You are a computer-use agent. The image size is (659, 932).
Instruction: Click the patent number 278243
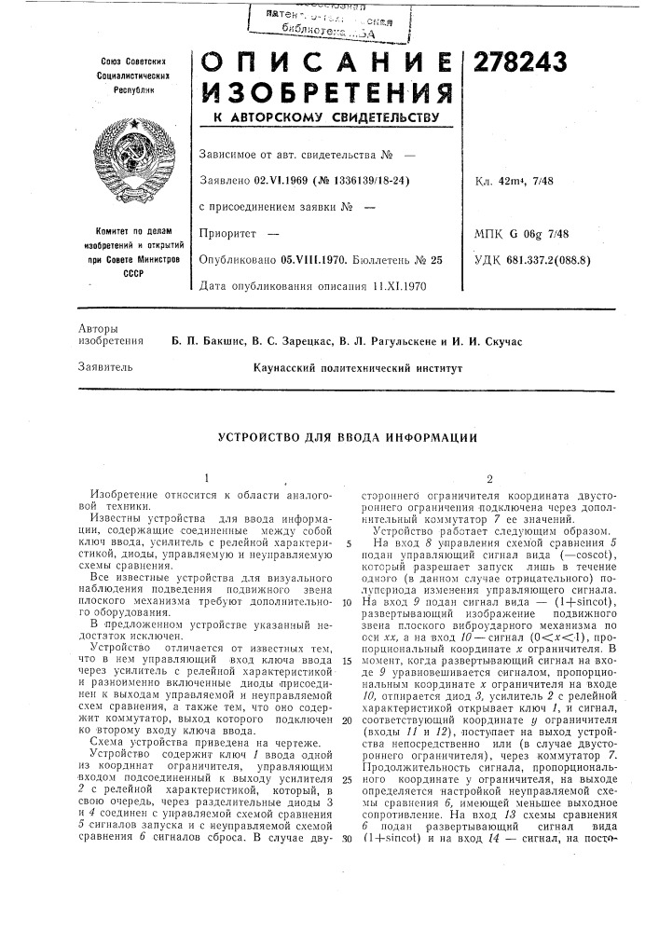coord(522,62)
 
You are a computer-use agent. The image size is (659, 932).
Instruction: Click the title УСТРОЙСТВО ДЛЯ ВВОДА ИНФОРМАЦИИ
coord(349,436)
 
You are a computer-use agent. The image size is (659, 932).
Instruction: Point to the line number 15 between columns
coord(345,661)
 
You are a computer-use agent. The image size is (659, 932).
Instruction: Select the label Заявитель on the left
coord(101,368)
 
